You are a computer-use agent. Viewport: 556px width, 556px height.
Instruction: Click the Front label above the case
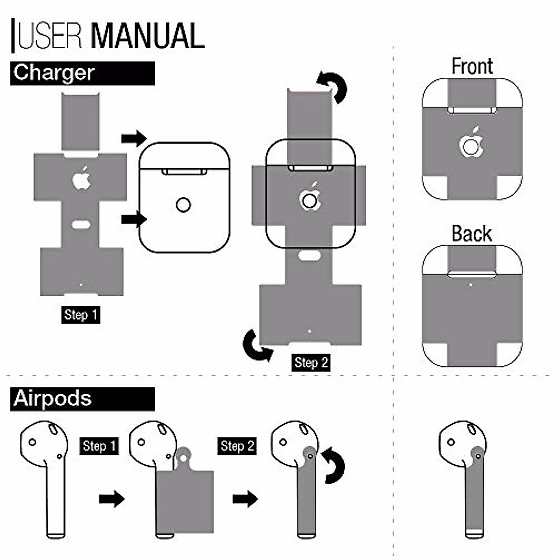pos(472,66)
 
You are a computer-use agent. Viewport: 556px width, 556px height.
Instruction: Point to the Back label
pos(472,233)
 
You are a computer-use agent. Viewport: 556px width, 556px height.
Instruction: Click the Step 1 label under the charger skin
pos(81,315)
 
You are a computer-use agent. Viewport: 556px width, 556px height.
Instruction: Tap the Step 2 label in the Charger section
pos(311,362)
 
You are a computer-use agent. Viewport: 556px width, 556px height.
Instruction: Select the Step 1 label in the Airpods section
pos(99,446)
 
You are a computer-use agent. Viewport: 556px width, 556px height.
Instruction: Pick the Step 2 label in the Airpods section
pos(237,446)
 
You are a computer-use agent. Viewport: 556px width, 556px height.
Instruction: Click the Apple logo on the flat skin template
pos(82,178)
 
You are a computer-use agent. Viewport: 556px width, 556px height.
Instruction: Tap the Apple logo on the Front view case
pos(471,142)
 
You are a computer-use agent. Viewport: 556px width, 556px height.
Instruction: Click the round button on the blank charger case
pos(183,205)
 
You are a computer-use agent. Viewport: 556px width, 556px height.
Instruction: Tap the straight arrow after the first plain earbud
pos(112,499)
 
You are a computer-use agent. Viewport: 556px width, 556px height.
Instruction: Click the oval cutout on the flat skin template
pos(82,224)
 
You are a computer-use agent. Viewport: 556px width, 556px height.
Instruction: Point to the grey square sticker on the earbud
pos(185,501)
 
